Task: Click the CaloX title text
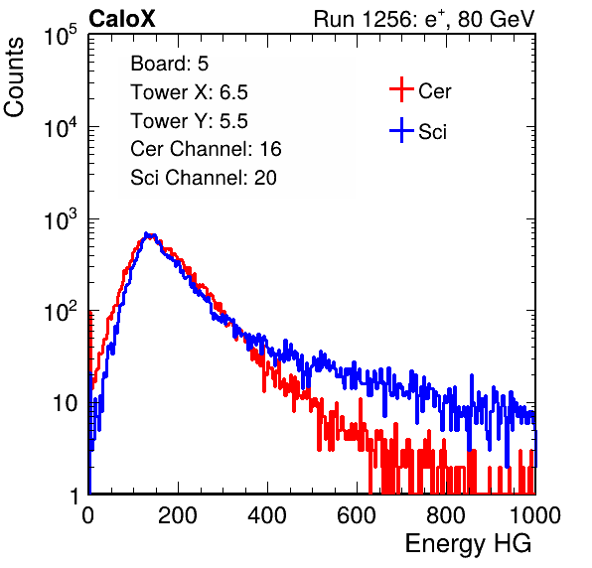point(122,19)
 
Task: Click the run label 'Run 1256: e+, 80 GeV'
point(424,19)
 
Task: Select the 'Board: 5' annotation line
point(170,64)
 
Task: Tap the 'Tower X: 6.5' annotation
point(189,92)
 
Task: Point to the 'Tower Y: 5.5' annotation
point(189,121)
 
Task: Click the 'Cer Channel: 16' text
point(206,149)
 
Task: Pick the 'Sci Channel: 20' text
point(204,178)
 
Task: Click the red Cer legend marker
point(401,89)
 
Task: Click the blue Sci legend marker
point(401,131)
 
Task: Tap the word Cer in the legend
point(434,91)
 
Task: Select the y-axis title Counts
point(14,77)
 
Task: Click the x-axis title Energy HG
point(468,544)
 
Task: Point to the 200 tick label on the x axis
point(178,515)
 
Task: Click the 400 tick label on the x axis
point(267,515)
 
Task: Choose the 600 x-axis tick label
point(357,515)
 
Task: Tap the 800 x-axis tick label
point(446,515)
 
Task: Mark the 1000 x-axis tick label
point(535,515)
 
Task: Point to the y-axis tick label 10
point(66,403)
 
